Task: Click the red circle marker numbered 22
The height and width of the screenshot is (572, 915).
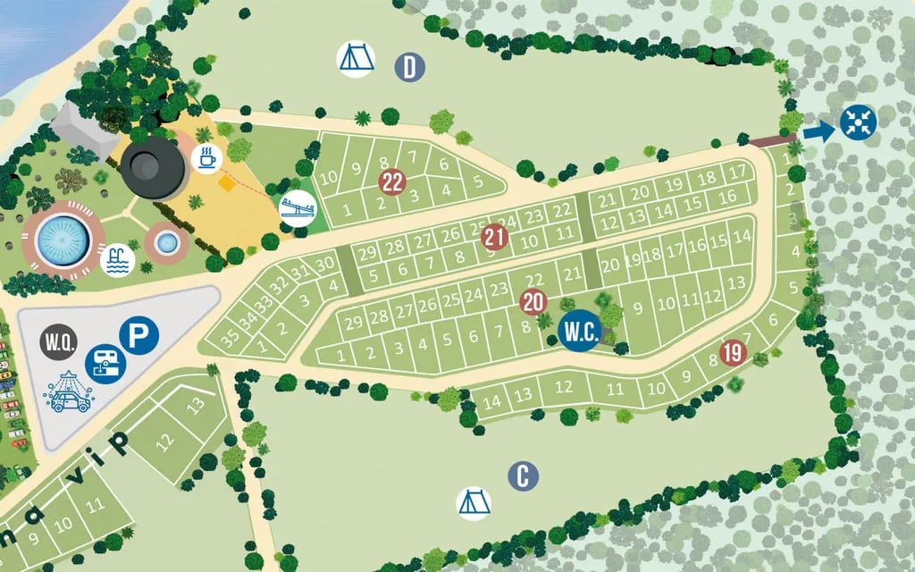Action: (392, 182)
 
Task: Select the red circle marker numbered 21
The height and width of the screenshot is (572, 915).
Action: (494, 237)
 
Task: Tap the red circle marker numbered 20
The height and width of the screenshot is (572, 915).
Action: (533, 301)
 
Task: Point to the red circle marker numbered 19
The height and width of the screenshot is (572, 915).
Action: (732, 352)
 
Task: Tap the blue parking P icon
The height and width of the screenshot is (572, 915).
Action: (139, 335)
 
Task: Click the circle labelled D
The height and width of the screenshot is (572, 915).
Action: (409, 67)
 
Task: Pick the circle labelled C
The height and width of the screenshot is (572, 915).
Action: (523, 476)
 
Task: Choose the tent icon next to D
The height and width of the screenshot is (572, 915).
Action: (355, 59)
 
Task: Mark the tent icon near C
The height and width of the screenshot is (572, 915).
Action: (473, 502)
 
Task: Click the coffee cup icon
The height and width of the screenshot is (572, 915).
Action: (206, 159)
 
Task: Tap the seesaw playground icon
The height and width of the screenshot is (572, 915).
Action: (298, 207)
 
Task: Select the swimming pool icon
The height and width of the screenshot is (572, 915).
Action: (119, 261)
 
